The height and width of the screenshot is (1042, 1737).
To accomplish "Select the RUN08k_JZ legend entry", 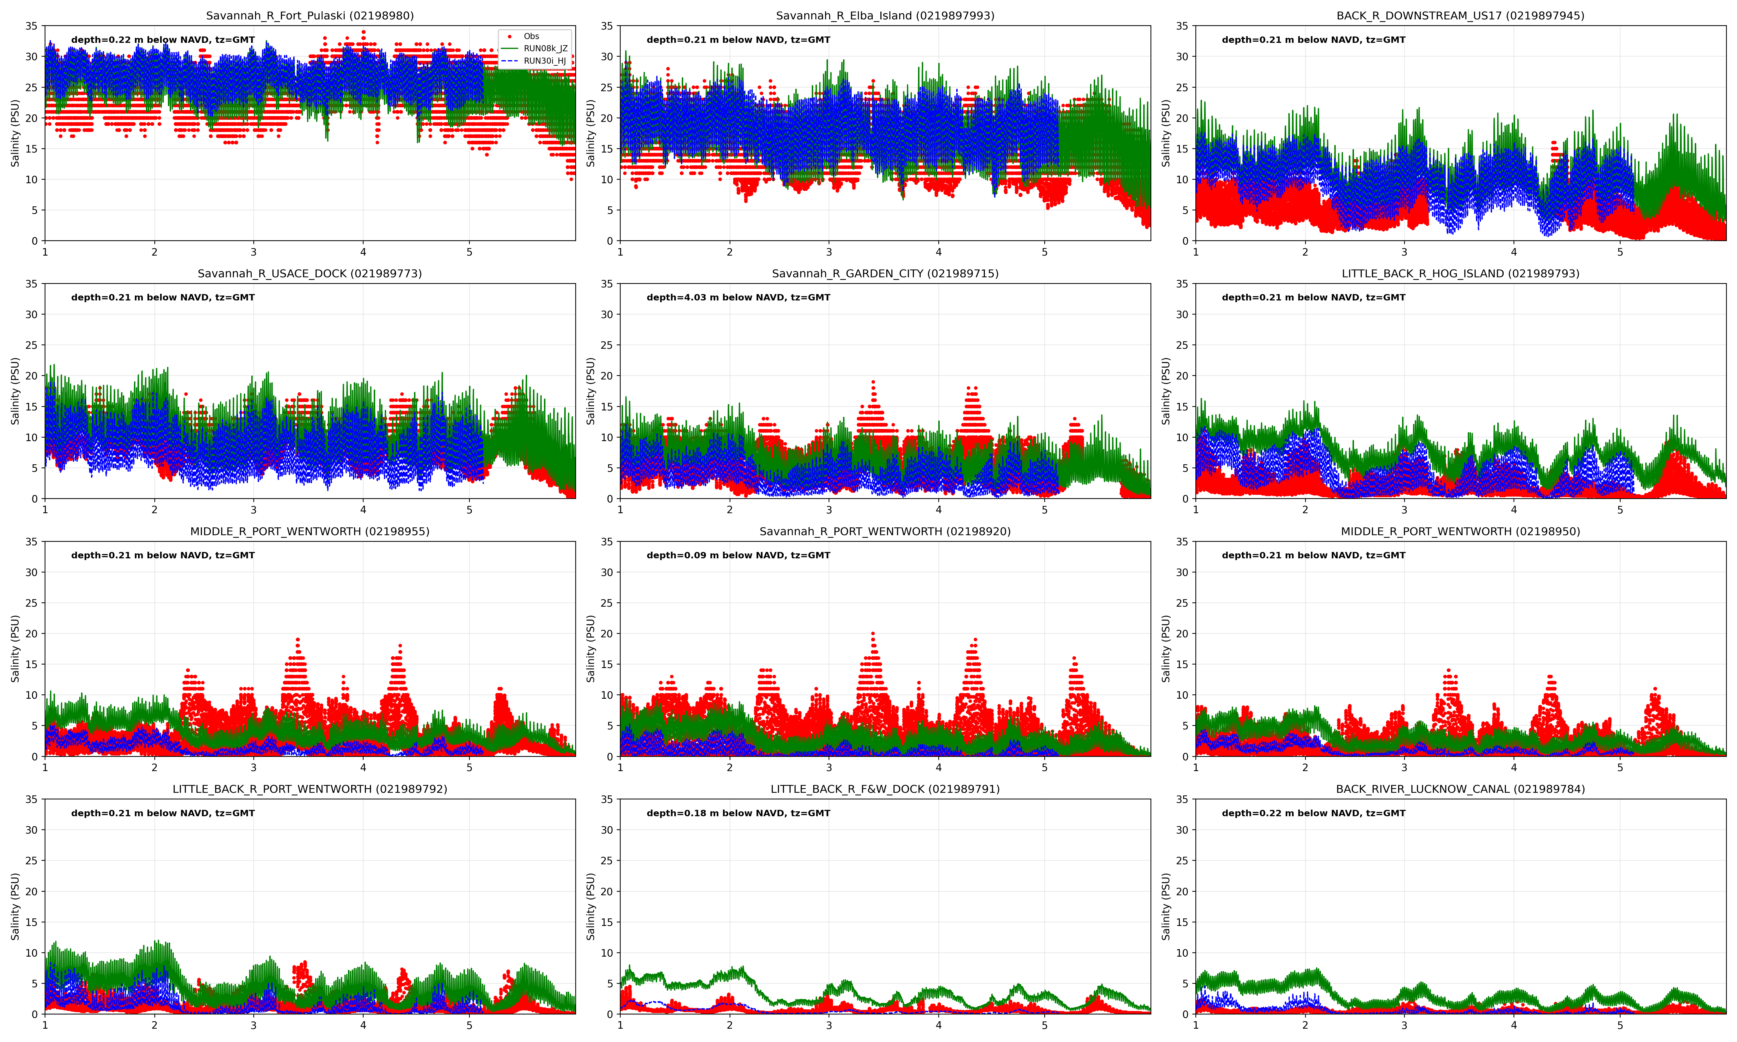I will click(545, 48).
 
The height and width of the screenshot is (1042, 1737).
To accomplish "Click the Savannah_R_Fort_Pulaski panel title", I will click(310, 15).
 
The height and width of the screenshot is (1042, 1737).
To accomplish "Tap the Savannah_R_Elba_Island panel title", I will click(885, 15).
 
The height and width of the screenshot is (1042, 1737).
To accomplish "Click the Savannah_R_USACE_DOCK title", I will click(310, 273).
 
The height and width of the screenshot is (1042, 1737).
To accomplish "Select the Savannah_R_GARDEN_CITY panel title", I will click(885, 273).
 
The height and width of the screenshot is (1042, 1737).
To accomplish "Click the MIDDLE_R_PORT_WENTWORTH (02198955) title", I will click(310, 531).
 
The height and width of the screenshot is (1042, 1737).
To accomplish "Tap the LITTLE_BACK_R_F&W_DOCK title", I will click(885, 788).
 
